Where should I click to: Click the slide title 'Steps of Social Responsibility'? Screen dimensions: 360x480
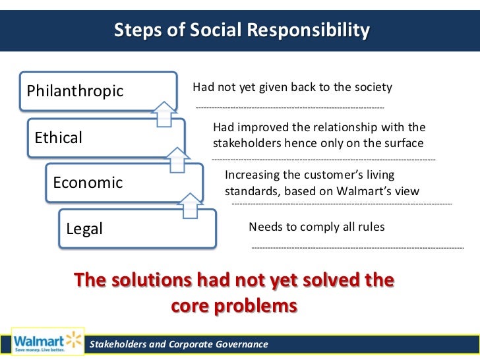[x=242, y=30]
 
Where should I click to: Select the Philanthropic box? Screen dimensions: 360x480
[x=99, y=91]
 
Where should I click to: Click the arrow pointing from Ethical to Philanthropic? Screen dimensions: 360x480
[x=165, y=114]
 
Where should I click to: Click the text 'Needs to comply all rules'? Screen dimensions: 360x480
[x=316, y=227]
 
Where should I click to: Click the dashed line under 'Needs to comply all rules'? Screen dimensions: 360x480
[x=358, y=248]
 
